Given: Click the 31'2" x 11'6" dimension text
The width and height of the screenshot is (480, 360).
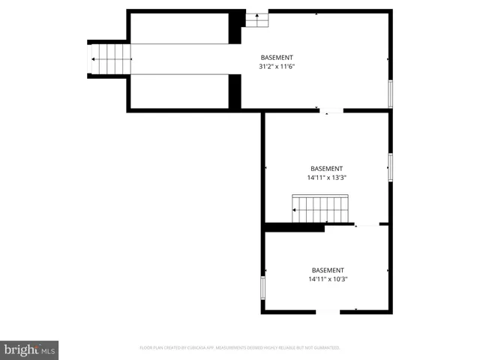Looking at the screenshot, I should click(x=277, y=67).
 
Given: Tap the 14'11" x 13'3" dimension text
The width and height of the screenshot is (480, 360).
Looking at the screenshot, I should click(x=326, y=178).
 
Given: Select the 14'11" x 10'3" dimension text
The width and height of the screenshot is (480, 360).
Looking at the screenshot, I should click(x=327, y=279).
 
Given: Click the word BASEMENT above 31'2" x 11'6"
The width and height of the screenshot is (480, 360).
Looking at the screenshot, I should click(x=277, y=58).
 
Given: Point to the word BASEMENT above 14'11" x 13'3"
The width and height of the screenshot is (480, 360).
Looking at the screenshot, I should click(x=326, y=169).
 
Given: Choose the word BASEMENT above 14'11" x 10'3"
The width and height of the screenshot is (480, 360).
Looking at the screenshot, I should click(x=327, y=270).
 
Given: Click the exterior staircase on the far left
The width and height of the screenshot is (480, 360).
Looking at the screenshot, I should click(x=109, y=58).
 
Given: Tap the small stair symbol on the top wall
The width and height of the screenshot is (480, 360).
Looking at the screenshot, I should click(x=256, y=18).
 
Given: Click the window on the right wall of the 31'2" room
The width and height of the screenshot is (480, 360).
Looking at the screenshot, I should click(x=389, y=93).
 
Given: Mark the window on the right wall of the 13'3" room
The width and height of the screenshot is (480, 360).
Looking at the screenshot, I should click(x=389, y=166).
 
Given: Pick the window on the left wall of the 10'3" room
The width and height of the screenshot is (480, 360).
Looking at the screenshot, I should click(x=262, y=287).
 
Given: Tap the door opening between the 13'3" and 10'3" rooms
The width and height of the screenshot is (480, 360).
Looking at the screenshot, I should click(x=367, y=224).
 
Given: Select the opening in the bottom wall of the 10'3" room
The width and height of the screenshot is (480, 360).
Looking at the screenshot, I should click(x=328, y=311).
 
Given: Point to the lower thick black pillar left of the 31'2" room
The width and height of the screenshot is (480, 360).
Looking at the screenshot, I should click(x=235, y=92).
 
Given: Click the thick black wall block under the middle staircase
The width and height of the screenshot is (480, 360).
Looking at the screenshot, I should click(x=294, y=226).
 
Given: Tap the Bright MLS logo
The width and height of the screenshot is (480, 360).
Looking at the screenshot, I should click(x=30, y=349).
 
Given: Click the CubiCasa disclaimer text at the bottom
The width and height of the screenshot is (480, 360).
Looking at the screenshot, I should click(x=240, y=348).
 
